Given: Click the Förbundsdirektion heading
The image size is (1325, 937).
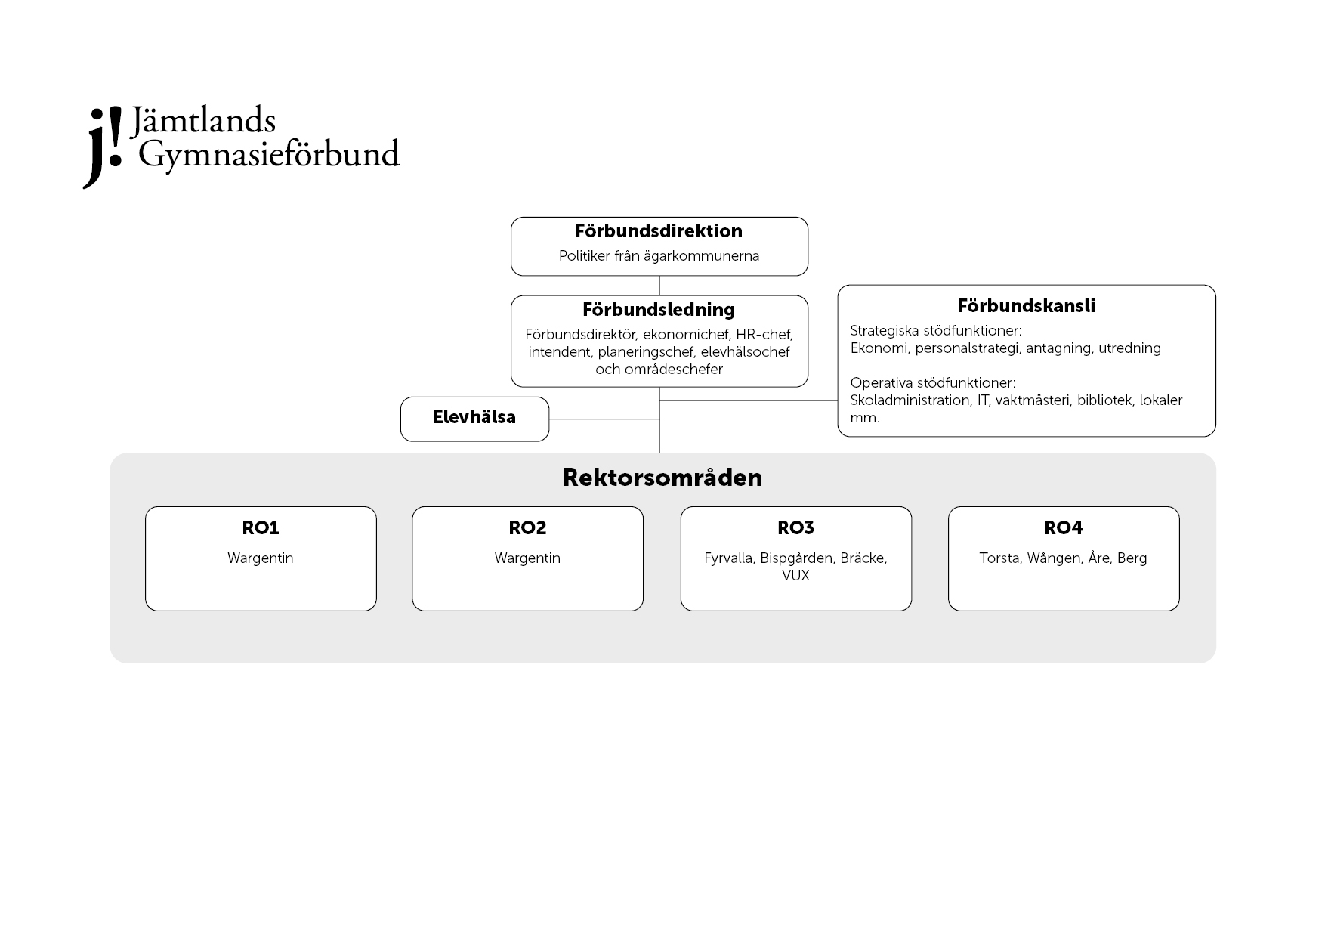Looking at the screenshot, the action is pyautogui.click(x=659, y=231).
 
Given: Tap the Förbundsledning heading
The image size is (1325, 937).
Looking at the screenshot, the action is pyautogui.click(x=659, y=310).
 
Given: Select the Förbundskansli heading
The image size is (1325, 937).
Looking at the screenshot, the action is pyautogui.click(x=1027, y=306).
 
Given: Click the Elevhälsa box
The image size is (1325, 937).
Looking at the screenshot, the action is pyautogui.click(x=474, y=419).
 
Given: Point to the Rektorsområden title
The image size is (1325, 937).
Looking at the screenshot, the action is pyautogui.click(x=662, y=478).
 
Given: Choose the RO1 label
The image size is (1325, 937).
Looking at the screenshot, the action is pyautogui.click(x=261, y=528).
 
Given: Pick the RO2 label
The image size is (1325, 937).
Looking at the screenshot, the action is pyautogui.click(x=527, y=528).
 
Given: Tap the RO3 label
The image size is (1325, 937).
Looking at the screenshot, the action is pyautogui.click(x=795, y=528).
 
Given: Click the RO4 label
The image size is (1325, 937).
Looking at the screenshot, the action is pyautogui.click(x=1064, y=528).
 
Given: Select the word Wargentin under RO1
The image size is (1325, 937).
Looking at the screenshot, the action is pyautogui.click(x=261, y=558).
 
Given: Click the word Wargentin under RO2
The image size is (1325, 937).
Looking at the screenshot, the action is pyautogui.click(x=527, y=558).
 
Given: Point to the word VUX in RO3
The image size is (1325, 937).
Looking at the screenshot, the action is pyautogui.click(x=795, y=576).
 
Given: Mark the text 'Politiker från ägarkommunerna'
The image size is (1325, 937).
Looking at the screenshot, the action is pyautogui.click(x=659, y=256).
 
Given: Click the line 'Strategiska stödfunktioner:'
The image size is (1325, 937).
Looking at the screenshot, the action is pyautogui.click(x=936, y=331).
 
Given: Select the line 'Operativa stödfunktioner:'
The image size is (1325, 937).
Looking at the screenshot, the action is pyautogui.click(x=933, y=383).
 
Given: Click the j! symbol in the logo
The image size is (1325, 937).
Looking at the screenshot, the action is pyautogui.click(x=103, y=147).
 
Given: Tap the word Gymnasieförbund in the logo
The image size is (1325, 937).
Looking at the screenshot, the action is pyautogui.click(x=269, y=156).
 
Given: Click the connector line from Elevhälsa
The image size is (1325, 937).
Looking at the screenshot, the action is pyautogui.click(x=604, y=419).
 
